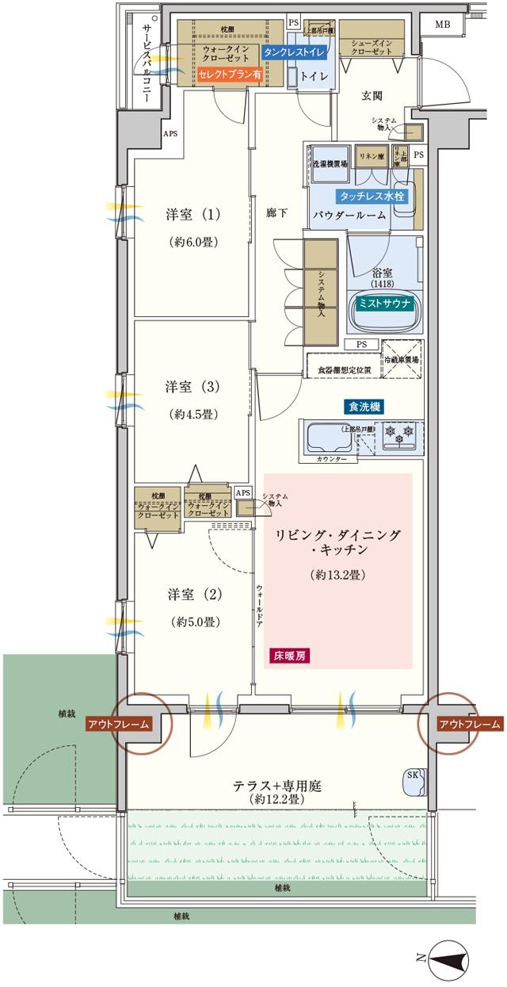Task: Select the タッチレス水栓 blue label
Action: point(372,194)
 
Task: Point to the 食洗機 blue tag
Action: point(364,407)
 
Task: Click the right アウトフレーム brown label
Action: point(470,724)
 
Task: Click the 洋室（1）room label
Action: point(192,214)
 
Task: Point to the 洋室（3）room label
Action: point(192,387)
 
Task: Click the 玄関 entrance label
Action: point(372,96)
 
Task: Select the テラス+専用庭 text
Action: point(277,786)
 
